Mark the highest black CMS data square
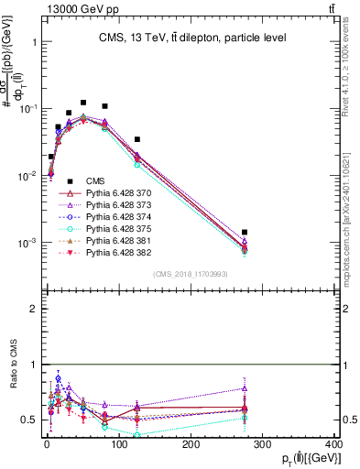point(83,103)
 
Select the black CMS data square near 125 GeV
point(136,139)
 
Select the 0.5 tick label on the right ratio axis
point(349,420)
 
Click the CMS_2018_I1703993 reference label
point(191,274)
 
